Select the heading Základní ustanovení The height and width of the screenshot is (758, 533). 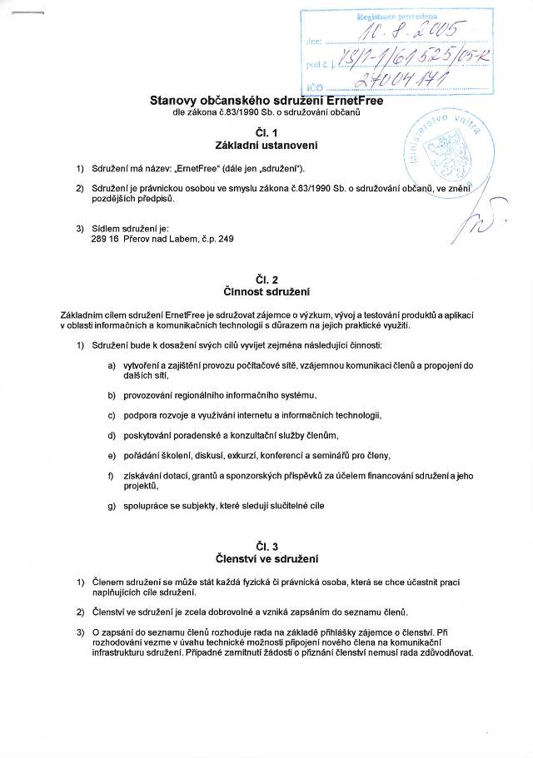click(266, 146)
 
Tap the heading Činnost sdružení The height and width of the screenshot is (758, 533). click(266, 292)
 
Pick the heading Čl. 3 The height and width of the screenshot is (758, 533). click(266, 546)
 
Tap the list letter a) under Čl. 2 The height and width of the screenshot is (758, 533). click(112, 366)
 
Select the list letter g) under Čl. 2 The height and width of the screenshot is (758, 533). click(112, 505)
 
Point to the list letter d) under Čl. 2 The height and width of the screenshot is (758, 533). click(112, 435)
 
